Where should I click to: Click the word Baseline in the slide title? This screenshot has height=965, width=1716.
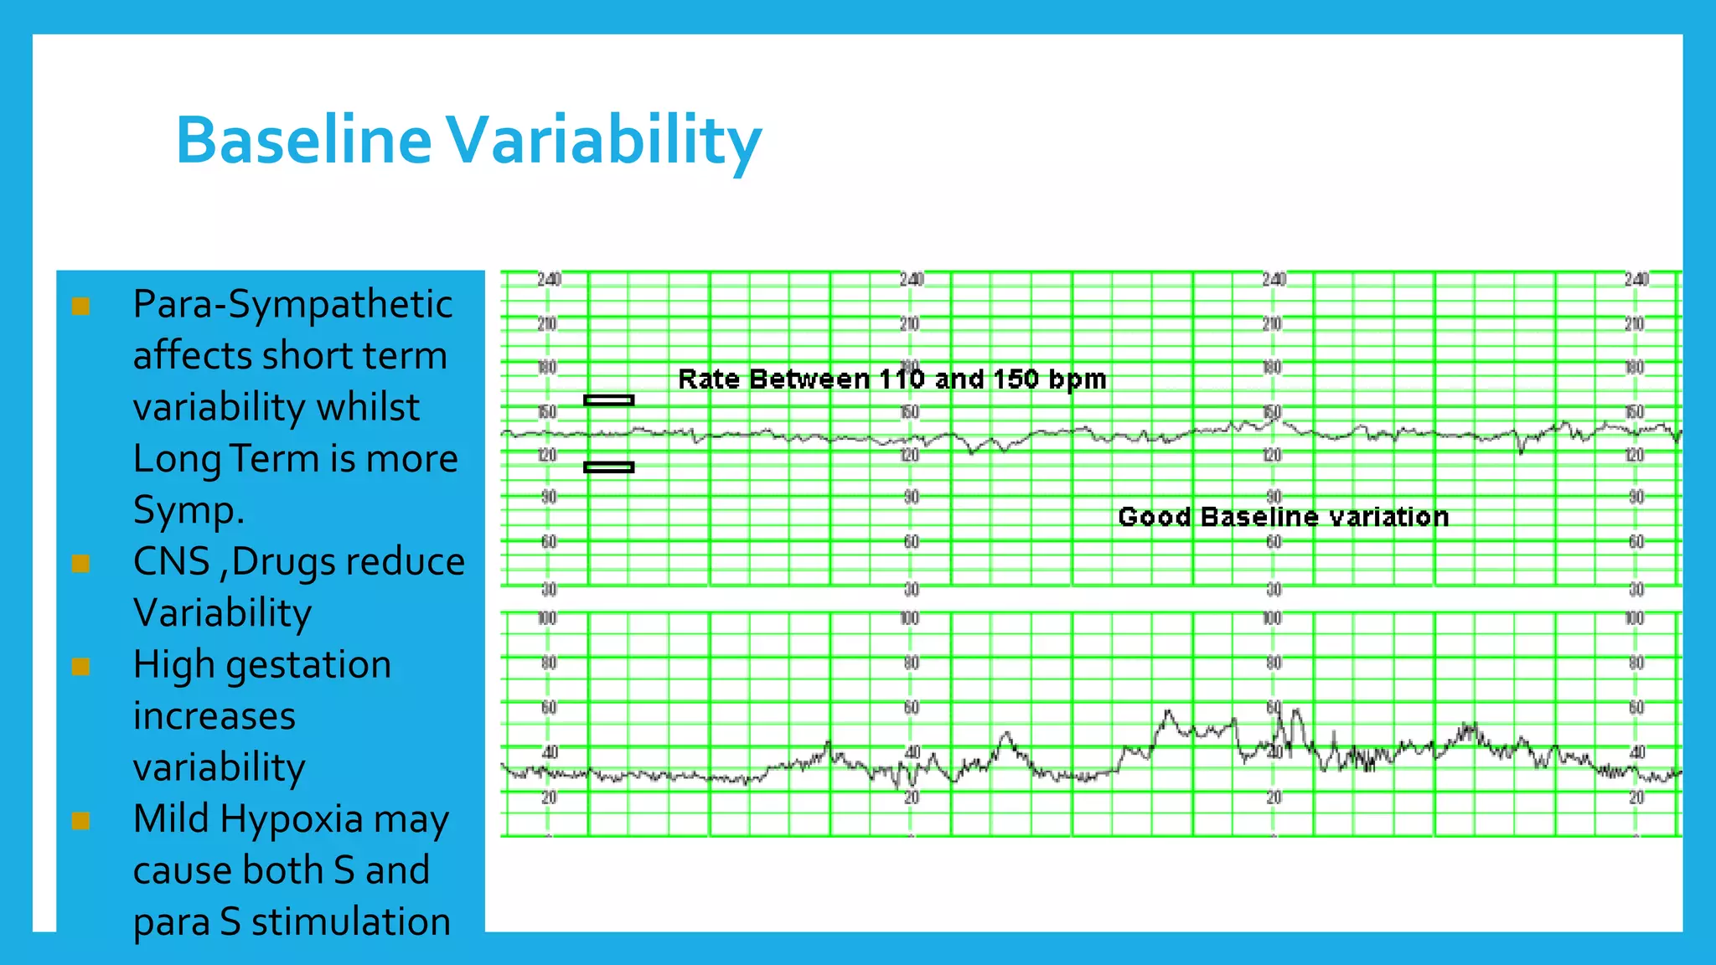pyautogui.click(x=303, y=140)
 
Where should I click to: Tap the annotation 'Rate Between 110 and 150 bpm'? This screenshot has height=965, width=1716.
pyautogui.click(x=892, y=379)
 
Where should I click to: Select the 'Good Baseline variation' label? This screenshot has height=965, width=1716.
pyautogui.click(x=1283, y=517)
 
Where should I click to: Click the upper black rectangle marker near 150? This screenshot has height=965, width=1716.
pyautogui.click(x=608, y=400)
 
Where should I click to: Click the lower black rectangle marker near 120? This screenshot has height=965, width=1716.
pyautogui.click(x=608, y=467)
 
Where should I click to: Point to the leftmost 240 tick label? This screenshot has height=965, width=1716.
pyautogui.click(x=549, y=280)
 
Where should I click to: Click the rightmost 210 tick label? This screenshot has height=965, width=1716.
pyautogui.click(x=1635, y=324)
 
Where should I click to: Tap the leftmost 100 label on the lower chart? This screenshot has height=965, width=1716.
pyautogui.click(x=547, y=619)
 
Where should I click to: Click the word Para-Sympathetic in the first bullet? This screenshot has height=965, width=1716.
pyautogui.click(x=292, y=304)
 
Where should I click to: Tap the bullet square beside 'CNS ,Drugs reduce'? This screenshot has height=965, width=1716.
pyautogui.click(x=81, y=563)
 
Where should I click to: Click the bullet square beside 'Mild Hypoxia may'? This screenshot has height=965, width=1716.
pyautogui.click(x=81, y=820)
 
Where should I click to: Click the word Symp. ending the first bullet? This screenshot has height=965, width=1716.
pyautogui.click(x=189, y=510)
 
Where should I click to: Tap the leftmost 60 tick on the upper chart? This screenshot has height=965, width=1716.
pyautogui.click(x=549, y=542)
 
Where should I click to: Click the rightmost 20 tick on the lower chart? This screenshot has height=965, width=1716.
pyautogui.click(x=1636, y=798)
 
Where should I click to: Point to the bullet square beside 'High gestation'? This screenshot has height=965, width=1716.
pyautogui.click(x=81, y=666)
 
